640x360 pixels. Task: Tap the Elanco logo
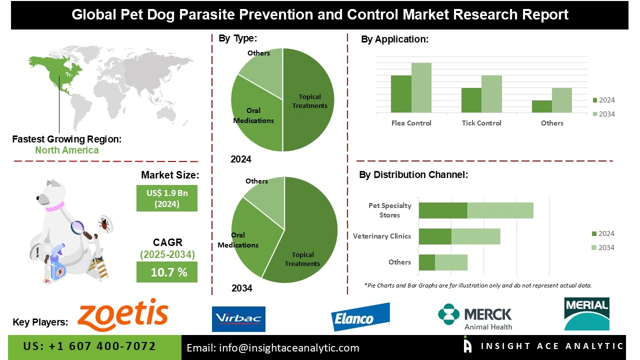360,316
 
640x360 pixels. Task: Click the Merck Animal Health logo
475,317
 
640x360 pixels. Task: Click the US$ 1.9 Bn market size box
167,198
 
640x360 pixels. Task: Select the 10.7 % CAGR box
167,272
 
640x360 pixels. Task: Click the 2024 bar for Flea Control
401,94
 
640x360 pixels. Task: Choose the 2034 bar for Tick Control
491,94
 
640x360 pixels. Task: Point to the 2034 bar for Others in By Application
561,100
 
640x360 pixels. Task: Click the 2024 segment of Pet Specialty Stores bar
443,210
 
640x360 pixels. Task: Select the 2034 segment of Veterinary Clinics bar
475,236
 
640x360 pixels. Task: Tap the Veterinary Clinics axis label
381,236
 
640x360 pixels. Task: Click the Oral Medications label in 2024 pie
253,115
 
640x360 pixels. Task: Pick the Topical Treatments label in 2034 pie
302,259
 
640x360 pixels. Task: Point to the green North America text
66,150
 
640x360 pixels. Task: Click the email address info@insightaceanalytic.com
273,348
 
